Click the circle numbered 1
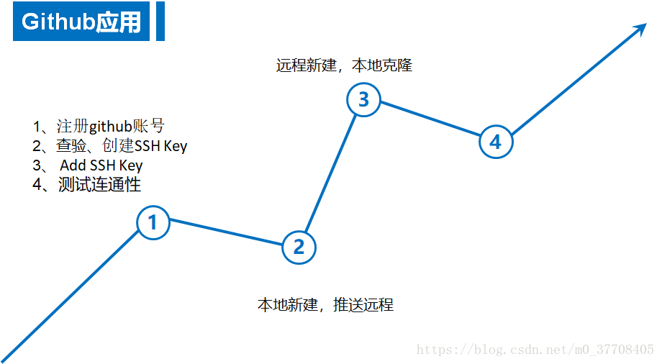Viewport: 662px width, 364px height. (153, 223)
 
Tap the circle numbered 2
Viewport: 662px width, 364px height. (299, 247)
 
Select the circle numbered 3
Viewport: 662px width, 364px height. (363, 99)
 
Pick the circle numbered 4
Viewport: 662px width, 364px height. (495, 142)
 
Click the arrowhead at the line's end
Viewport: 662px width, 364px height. (640, 29)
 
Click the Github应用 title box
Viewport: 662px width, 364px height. (81, 22)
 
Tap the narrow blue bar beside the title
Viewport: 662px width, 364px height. (160, 22)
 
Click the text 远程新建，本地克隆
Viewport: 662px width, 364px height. (344, 65)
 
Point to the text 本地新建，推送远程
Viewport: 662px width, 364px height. (325, 304)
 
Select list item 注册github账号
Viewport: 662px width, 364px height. (104, 127)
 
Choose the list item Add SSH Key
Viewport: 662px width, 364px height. (101, 165)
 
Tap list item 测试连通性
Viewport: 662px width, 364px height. (87, 184)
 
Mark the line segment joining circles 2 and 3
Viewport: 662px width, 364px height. (331, 173)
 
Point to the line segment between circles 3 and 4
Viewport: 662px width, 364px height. (430, 120)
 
